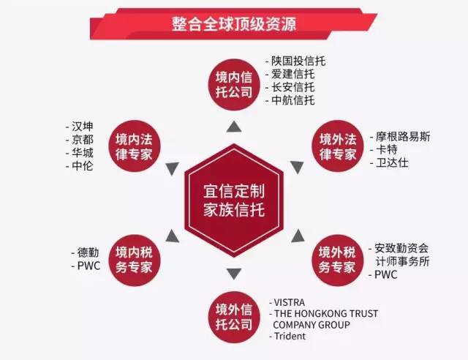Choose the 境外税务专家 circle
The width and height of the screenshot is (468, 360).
(x=338, y=258)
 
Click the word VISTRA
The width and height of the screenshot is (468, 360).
(x=290, y=302)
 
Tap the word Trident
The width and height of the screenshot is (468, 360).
(x=290, y=336)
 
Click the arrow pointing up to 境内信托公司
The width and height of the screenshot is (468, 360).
(x=233, y=127)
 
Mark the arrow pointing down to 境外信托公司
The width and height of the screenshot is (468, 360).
(x=233, y=274)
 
